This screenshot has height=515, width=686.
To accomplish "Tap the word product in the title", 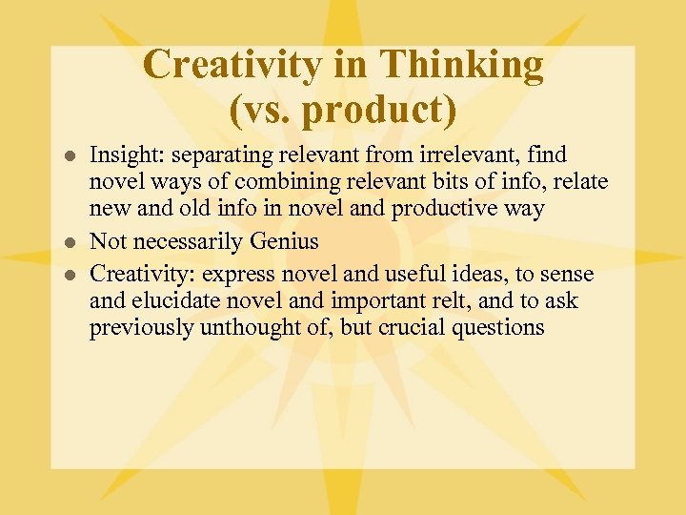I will pos(366,109).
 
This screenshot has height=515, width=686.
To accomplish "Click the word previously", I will pos(134,328).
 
